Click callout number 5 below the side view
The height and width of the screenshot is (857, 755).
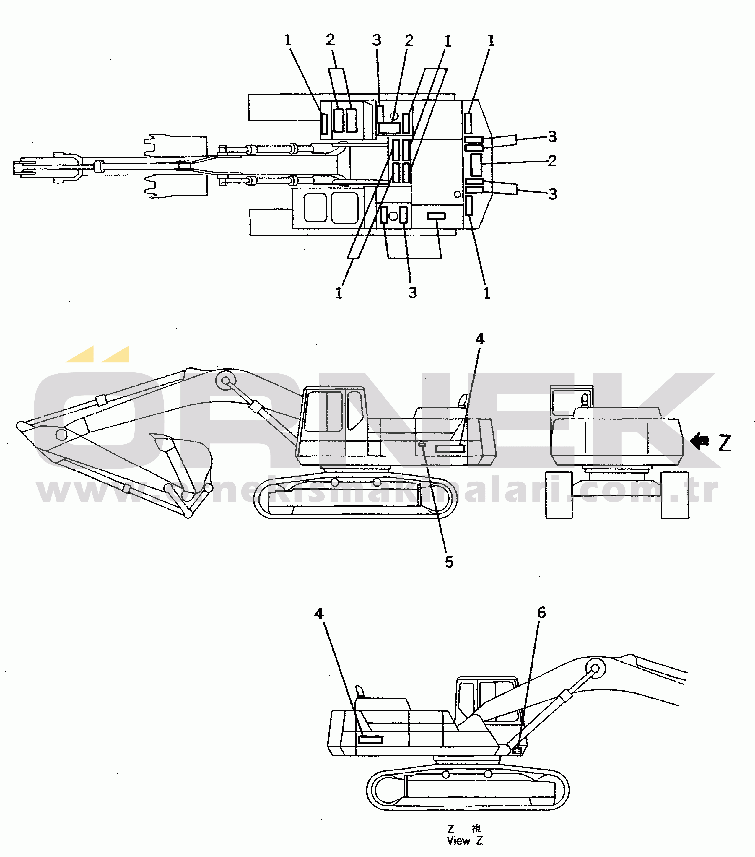click(449, 562)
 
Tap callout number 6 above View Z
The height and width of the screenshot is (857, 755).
click(541, 613)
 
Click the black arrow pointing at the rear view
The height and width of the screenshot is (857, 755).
click(699, 441)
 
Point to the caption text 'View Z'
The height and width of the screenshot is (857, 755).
click(464, 841)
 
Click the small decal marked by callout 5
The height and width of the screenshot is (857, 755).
click(422, 444)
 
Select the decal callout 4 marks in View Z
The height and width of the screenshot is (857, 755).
click(370, 740)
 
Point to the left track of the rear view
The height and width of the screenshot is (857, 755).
click(559, 495)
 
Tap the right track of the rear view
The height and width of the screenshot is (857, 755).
click(675, 495)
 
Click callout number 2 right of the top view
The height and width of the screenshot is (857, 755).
click(552, 161)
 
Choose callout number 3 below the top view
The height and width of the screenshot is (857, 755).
click(413, 293)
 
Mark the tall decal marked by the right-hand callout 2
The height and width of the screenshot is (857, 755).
click(476, 164)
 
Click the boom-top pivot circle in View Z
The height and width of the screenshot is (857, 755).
click(595, 667)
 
